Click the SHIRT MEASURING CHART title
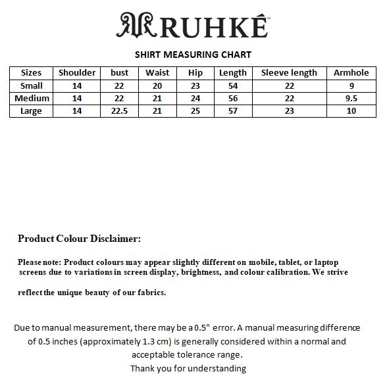pos(193,55)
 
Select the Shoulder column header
pos(77,73)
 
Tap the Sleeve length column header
pos(289,73)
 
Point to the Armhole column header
pos(351,73)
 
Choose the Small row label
pos(31,85)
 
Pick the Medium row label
pos(31,98)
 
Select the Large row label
pos(31,111)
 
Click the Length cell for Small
pos(232,85)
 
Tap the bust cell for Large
pos(120,111)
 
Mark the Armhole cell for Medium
pos(351,98)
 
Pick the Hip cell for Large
pos(195,111)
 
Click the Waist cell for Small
pos(157,85)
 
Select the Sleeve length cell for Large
pos(289,111)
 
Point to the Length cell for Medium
pos(232,98)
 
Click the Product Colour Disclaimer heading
pos(79,239)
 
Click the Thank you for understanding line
pos(188,368)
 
